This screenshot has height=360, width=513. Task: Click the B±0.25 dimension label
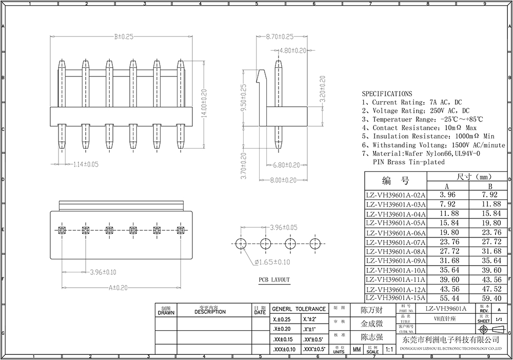[x=124, y=37]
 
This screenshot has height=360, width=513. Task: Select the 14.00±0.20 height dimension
[x=204, y=104]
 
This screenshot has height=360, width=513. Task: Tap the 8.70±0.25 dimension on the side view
[x=280, y=37]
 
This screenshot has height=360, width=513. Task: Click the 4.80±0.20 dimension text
[x=292, y=50]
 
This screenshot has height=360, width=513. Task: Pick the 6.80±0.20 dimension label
[x=286, y=165]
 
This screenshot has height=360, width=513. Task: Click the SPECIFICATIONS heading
[x=386, y=94]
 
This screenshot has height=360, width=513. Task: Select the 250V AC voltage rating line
[x=416, y=111]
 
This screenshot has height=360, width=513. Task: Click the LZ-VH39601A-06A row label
[x=395, y=232]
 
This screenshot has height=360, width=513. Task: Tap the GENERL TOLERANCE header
[x=298, y=309]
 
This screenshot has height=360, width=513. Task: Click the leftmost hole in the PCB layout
[x=240, y=244]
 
